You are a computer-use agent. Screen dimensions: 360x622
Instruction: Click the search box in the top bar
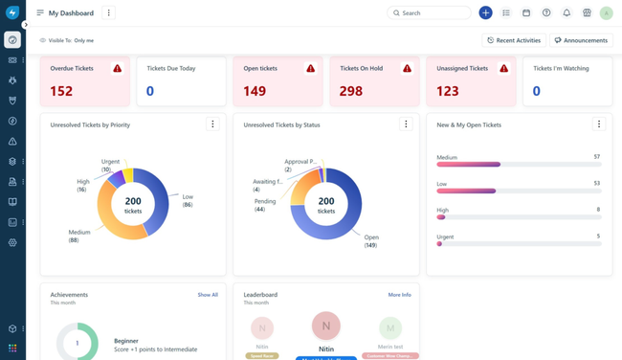coord(430,13)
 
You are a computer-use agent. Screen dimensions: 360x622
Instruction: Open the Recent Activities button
coord(514,40)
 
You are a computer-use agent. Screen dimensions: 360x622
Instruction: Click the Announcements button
coord(581,40)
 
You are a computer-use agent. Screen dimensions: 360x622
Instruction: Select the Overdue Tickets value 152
coord(61,91)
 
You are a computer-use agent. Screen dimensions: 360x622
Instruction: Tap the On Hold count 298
coord(350,91)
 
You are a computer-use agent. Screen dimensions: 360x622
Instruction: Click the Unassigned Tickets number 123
coord(447,91)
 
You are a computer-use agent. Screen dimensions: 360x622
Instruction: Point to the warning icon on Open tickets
coord(310,69)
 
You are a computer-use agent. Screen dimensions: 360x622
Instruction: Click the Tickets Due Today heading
coord(172,69)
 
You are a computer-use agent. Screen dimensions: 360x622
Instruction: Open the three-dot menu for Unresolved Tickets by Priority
coord(212,124)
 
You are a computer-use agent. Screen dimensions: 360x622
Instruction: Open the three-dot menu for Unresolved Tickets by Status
coord(406,124)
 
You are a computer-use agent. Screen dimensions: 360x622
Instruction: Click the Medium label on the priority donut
coord(79,233)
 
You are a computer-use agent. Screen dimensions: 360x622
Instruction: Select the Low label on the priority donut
coord(188,197)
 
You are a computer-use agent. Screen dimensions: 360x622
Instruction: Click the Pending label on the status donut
coord(265,202)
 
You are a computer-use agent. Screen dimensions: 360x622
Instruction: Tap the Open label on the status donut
coord(371,237)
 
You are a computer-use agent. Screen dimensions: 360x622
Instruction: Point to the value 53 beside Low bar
coord(596,183)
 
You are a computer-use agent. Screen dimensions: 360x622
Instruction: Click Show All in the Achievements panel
coord(208,295)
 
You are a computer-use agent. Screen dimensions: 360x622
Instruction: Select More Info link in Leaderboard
coord(399,295)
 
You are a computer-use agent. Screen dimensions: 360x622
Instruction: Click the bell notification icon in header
coord(566,13)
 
